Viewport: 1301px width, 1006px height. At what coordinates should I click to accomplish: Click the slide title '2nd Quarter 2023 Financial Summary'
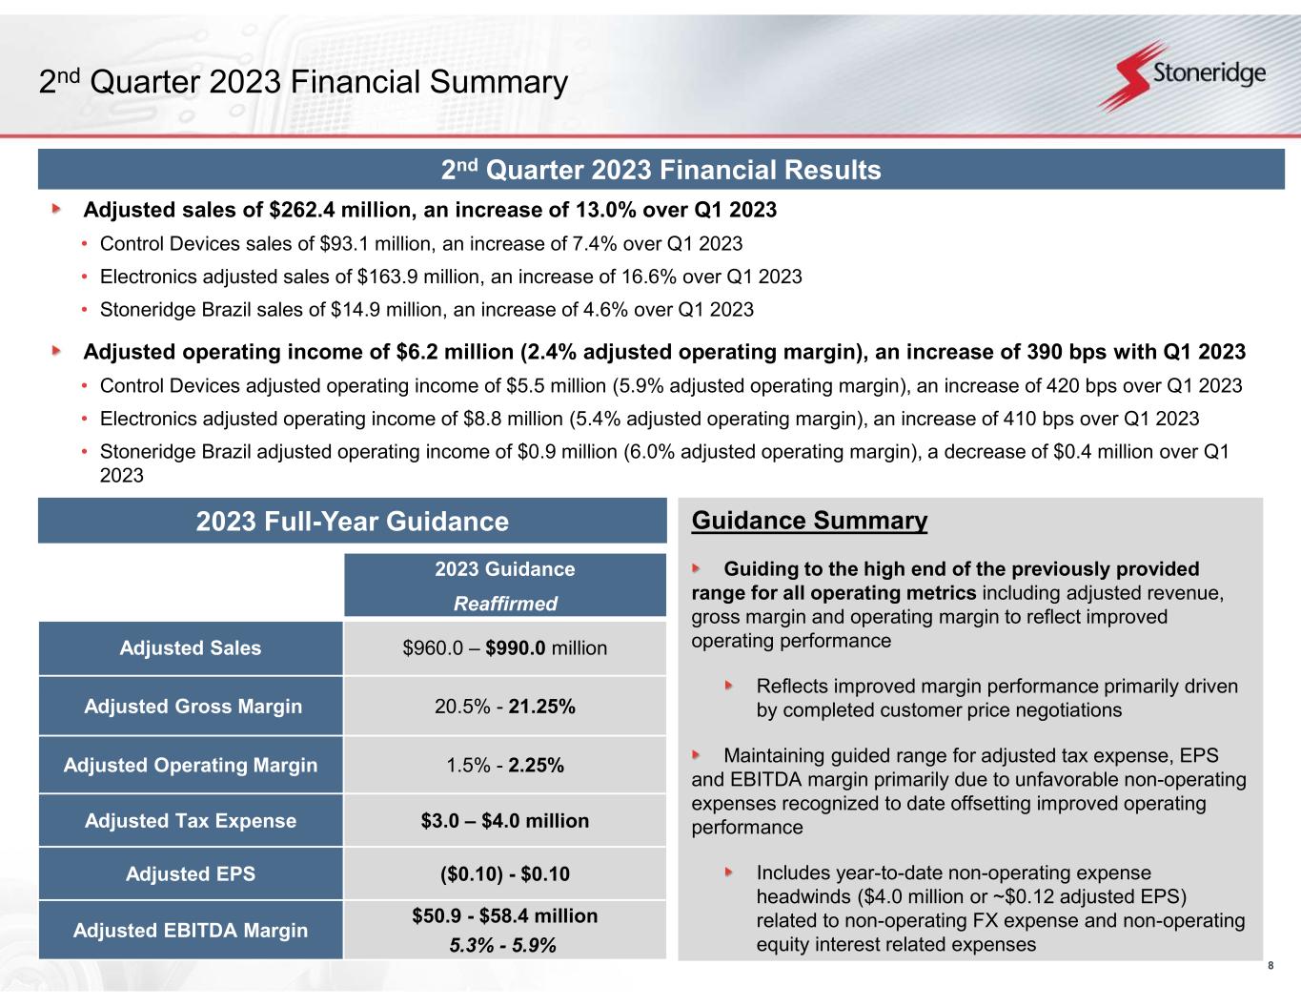[x=303, y=83]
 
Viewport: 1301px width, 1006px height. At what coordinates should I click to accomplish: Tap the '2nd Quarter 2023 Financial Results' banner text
[x=661, y=171]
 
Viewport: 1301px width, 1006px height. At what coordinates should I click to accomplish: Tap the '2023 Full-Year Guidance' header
[x=352, y=522]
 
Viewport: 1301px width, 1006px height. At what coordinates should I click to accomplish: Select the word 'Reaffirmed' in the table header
[x=505, y=604]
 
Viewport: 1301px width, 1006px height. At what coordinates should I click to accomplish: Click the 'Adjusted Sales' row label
[x=190, y=648]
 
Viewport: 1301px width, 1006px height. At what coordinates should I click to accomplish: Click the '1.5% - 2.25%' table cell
[x=505, y=765]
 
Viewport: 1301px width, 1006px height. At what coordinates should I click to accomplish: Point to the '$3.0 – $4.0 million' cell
[x=505, y=821]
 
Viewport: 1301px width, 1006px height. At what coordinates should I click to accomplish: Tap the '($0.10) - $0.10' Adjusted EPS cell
[x=505, y=873]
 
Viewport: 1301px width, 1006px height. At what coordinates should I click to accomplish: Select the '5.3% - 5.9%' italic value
[x=503, y=945]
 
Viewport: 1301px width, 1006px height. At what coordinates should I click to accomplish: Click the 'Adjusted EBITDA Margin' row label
[x=191, y=930]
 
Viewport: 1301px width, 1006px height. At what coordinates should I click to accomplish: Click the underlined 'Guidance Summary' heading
[x=809, y=521]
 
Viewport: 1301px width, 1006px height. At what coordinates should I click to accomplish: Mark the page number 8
[x=1271, y=966]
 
